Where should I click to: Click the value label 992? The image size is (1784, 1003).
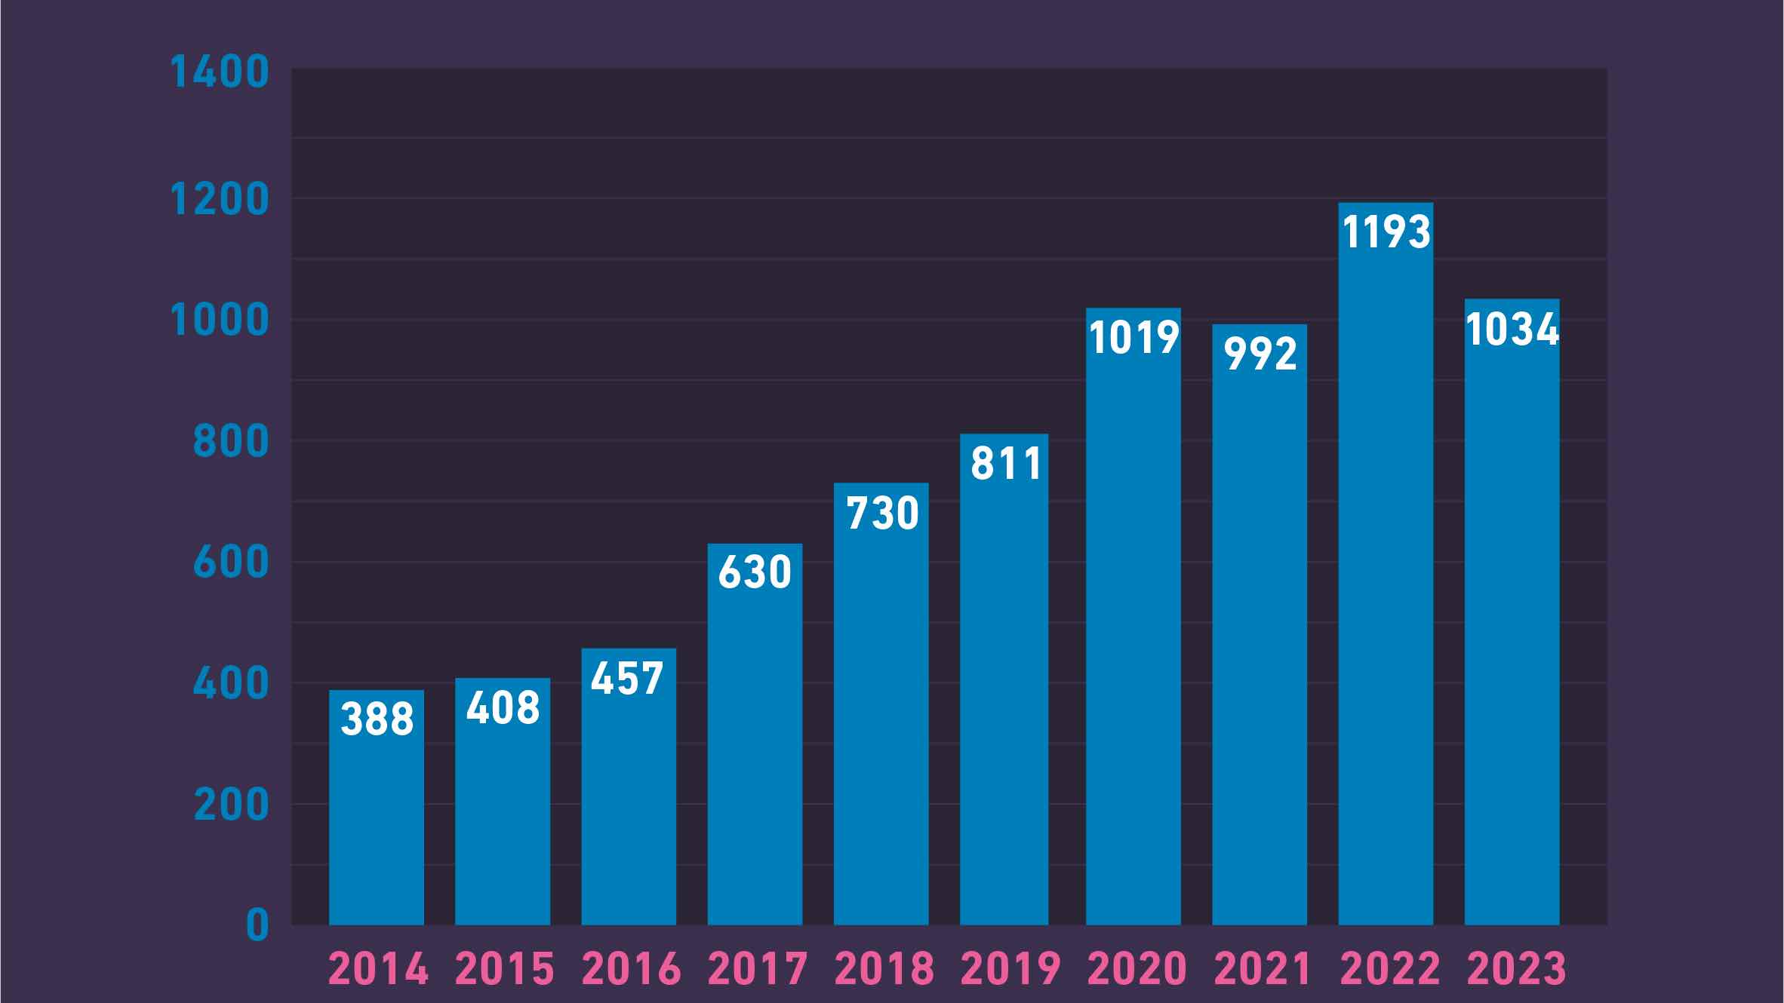coord(1260,354)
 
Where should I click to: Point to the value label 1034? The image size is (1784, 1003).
coord(1512,330)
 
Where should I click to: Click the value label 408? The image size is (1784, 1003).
coord(503,708)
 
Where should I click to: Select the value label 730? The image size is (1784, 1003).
coord(881,514)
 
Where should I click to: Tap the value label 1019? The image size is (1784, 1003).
coord(1133,337)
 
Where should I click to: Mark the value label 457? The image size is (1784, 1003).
coord(627,678)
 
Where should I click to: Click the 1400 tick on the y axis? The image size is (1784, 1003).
coord(220,72)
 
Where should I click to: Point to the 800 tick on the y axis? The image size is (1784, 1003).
coord(231,441)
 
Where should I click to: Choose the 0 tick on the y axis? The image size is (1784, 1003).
coord(257,925)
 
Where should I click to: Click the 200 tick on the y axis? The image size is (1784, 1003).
coord(231,805)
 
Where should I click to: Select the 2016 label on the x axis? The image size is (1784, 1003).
coord(631,969)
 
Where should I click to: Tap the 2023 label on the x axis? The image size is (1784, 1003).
coord(1515,969)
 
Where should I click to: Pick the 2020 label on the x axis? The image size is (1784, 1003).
coord(1137,969)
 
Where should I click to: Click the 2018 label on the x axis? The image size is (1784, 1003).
coord(884,969)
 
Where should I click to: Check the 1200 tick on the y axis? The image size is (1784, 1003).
coord(220,200)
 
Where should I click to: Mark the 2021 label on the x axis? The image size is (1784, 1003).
coord(1262,969)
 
